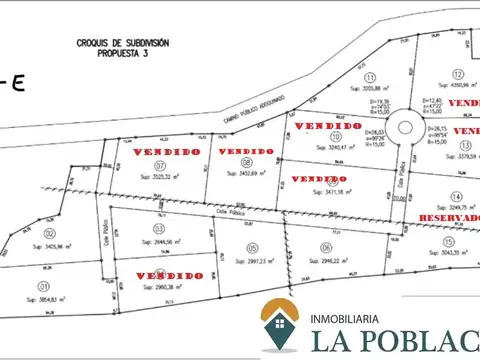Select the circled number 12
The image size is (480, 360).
[x=456, y=74]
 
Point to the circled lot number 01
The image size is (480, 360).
[x=43, y=286]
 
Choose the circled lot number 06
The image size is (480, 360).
[x=326, y=247]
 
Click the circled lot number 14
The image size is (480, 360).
[x=456, y=197]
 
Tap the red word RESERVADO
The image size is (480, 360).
[x=449, y=217]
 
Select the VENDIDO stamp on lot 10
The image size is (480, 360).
[x=327, y=126]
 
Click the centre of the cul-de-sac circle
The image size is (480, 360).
[x=409, y=129]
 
